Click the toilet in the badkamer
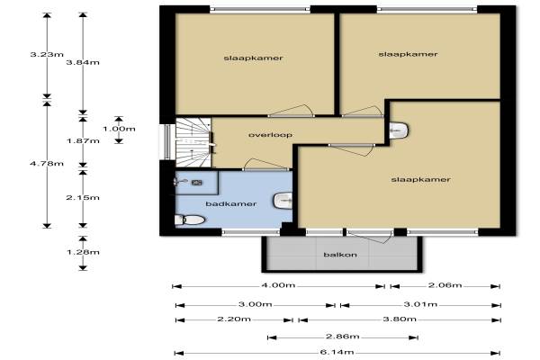coord(190,220)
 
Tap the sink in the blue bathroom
coord(283,201)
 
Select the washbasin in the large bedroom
coord(399,130)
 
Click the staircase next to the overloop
coord(193,142)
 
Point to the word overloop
coord(270,135)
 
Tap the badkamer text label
coord(231,204)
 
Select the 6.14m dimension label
coord(337,352)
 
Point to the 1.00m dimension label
coord(119,129)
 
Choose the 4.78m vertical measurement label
coord(47,163)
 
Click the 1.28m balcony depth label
coord(83,252)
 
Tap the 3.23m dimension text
coord(47,54)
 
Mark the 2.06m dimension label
coord(445,285)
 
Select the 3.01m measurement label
coord(420,304)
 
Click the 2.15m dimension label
coord(83,197)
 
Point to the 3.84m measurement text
coord(83,62)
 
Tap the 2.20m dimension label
coord(234,319)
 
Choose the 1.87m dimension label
coord(83,141)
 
